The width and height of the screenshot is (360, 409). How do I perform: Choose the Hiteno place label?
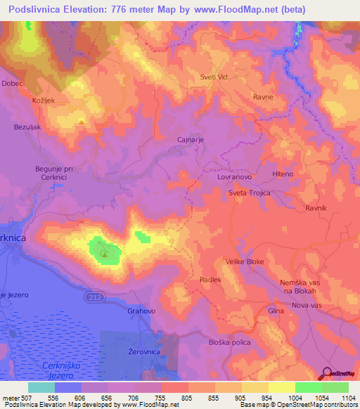[x=283, y=174]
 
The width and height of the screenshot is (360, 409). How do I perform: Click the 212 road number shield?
[x=95, y=298]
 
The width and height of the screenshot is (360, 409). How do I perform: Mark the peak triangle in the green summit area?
[x=105, y=254]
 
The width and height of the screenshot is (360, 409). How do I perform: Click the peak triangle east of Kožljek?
[x=82, y=122]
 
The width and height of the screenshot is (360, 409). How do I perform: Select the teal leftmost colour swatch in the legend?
[x=41, y=387]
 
